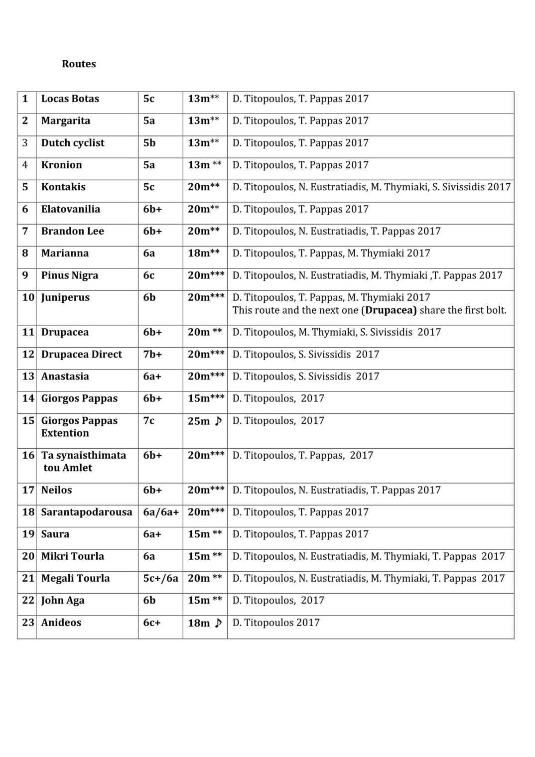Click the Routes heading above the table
79,64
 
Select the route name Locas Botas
70,99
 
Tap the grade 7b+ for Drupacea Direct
152,355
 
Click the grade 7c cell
148,421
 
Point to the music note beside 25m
218,421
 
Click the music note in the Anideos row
218,623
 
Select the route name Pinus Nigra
69,275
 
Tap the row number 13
28,377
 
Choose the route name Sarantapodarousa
87,512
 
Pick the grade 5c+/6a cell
160,578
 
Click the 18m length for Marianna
199,253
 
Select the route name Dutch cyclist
73,143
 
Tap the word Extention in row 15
65,433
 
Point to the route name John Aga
63,601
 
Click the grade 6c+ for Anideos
151,623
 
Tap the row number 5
25,187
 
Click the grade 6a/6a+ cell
160,512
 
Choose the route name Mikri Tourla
72,556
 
